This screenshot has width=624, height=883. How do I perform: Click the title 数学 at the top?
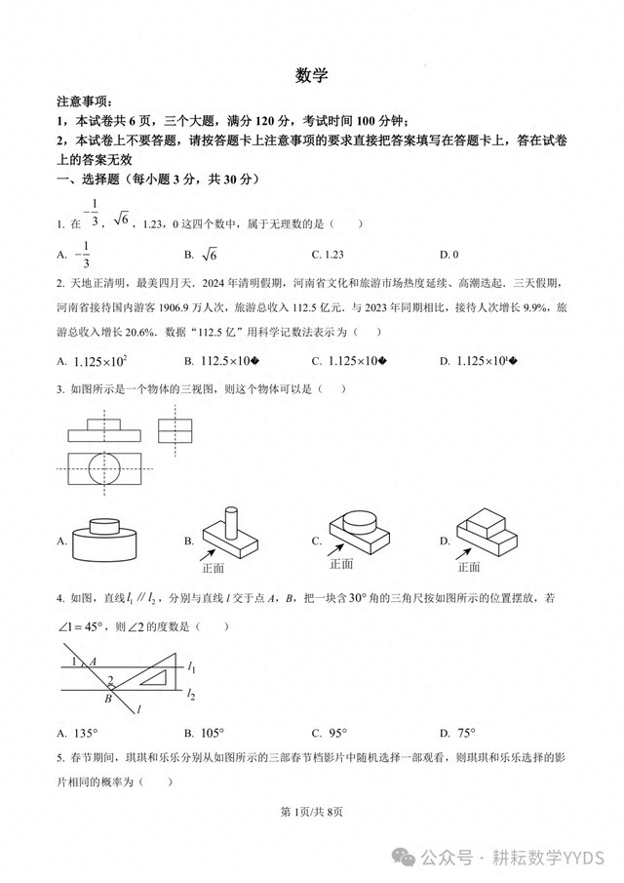(312, 75)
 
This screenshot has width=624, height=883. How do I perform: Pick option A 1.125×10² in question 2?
(100, 361)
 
